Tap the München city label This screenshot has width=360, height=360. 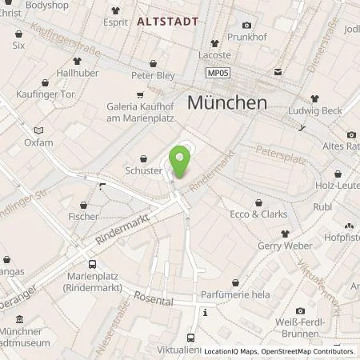[226, 102]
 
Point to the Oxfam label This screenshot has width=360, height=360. [38, 142]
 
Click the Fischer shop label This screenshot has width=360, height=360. [83, 216]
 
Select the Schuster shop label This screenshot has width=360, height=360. [144, 170]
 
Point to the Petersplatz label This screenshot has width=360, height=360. [281, 154]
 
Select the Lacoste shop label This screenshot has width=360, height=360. [214, 55]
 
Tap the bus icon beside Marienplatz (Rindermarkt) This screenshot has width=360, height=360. [93, 263]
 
